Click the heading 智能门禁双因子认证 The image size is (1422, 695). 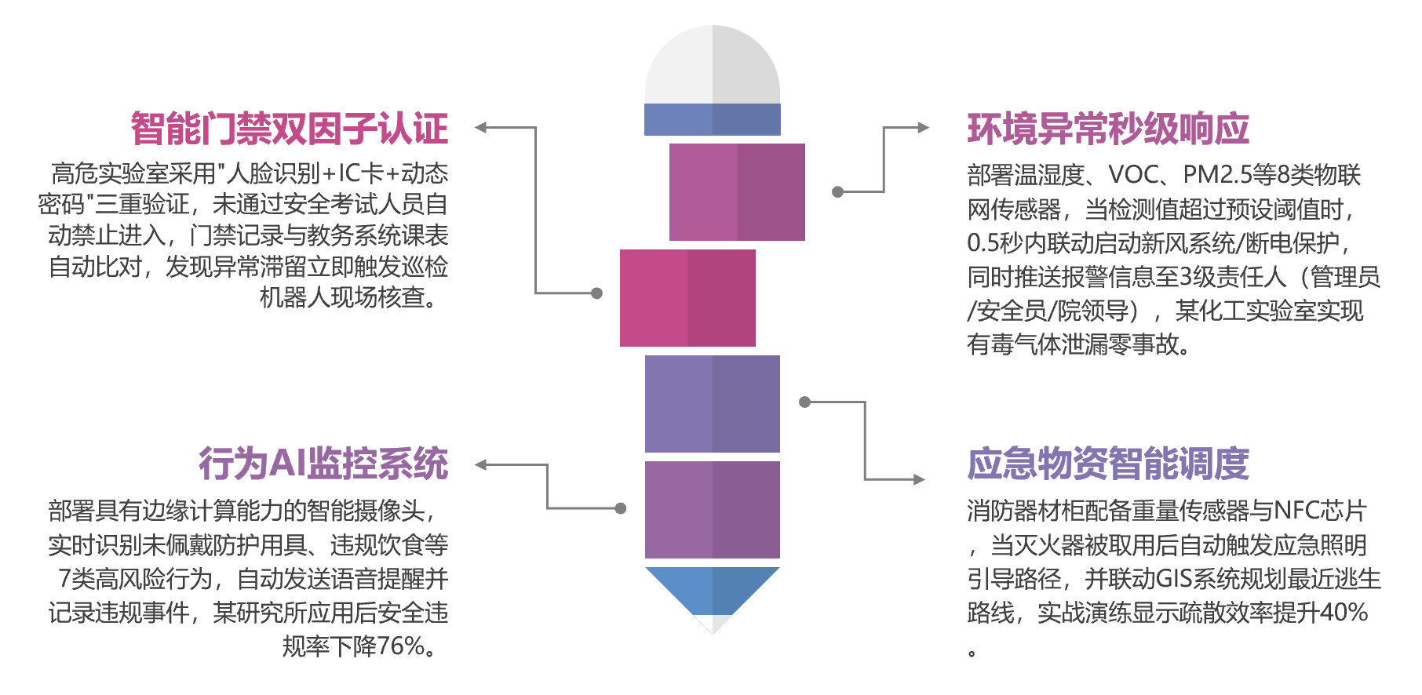coord(290,129)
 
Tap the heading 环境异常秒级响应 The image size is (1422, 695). coord(1107,129)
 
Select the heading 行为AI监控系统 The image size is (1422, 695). coord(323,464)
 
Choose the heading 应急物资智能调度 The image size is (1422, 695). coord(1107,464)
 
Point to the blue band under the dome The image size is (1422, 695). coord(713,119)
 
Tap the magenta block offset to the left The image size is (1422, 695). coord(687,298)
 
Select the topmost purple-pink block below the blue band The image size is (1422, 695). coord(737,192)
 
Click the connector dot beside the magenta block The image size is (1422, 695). coord(596,293)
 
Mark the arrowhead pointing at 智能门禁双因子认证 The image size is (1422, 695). coord(481,128)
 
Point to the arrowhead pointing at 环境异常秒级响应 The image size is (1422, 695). coord(923,128)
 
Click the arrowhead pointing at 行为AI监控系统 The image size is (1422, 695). coord(481,465)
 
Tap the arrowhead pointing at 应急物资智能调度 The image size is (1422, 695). coord(919,479)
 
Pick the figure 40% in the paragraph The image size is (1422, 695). coord(1344,613)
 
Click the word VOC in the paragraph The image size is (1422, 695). coord(1133,174)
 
